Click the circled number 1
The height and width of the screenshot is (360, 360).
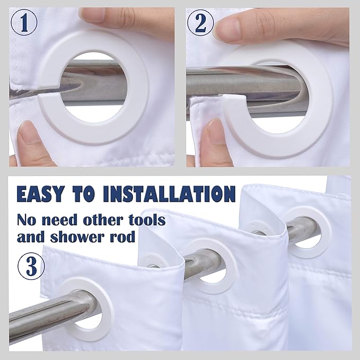pos(24,23)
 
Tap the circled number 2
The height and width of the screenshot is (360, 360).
pos(200,23)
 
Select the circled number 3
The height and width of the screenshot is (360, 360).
pos(31,267)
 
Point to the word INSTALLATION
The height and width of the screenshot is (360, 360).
pos(170,194)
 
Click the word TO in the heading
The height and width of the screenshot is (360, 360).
pos(84,194)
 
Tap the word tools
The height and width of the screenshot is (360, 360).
pos(147,219)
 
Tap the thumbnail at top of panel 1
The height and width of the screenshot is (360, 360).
pos(92,15)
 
